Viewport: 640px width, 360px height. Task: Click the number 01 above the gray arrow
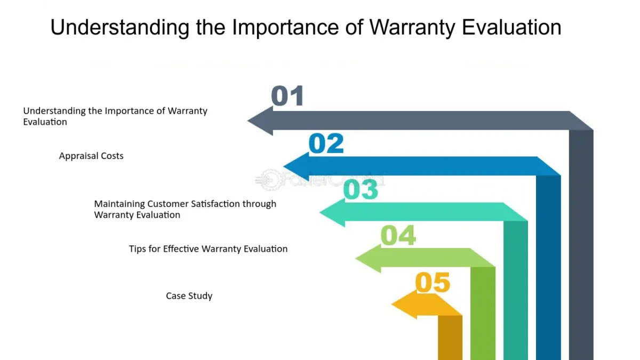tap(287, 97)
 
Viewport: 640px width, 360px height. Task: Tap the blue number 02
tap(326, 143)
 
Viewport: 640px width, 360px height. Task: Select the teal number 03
tap(361, 190)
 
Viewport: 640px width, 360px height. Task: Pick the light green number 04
tap(398, 236)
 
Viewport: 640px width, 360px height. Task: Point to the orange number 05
tap(433, 283)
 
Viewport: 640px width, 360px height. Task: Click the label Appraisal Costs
tap(91, 156)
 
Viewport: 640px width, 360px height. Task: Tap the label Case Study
tap(189, 296)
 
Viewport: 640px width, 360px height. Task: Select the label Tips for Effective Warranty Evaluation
tap(208, 249)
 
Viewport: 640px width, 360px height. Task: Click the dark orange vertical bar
tap(450, 337)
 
